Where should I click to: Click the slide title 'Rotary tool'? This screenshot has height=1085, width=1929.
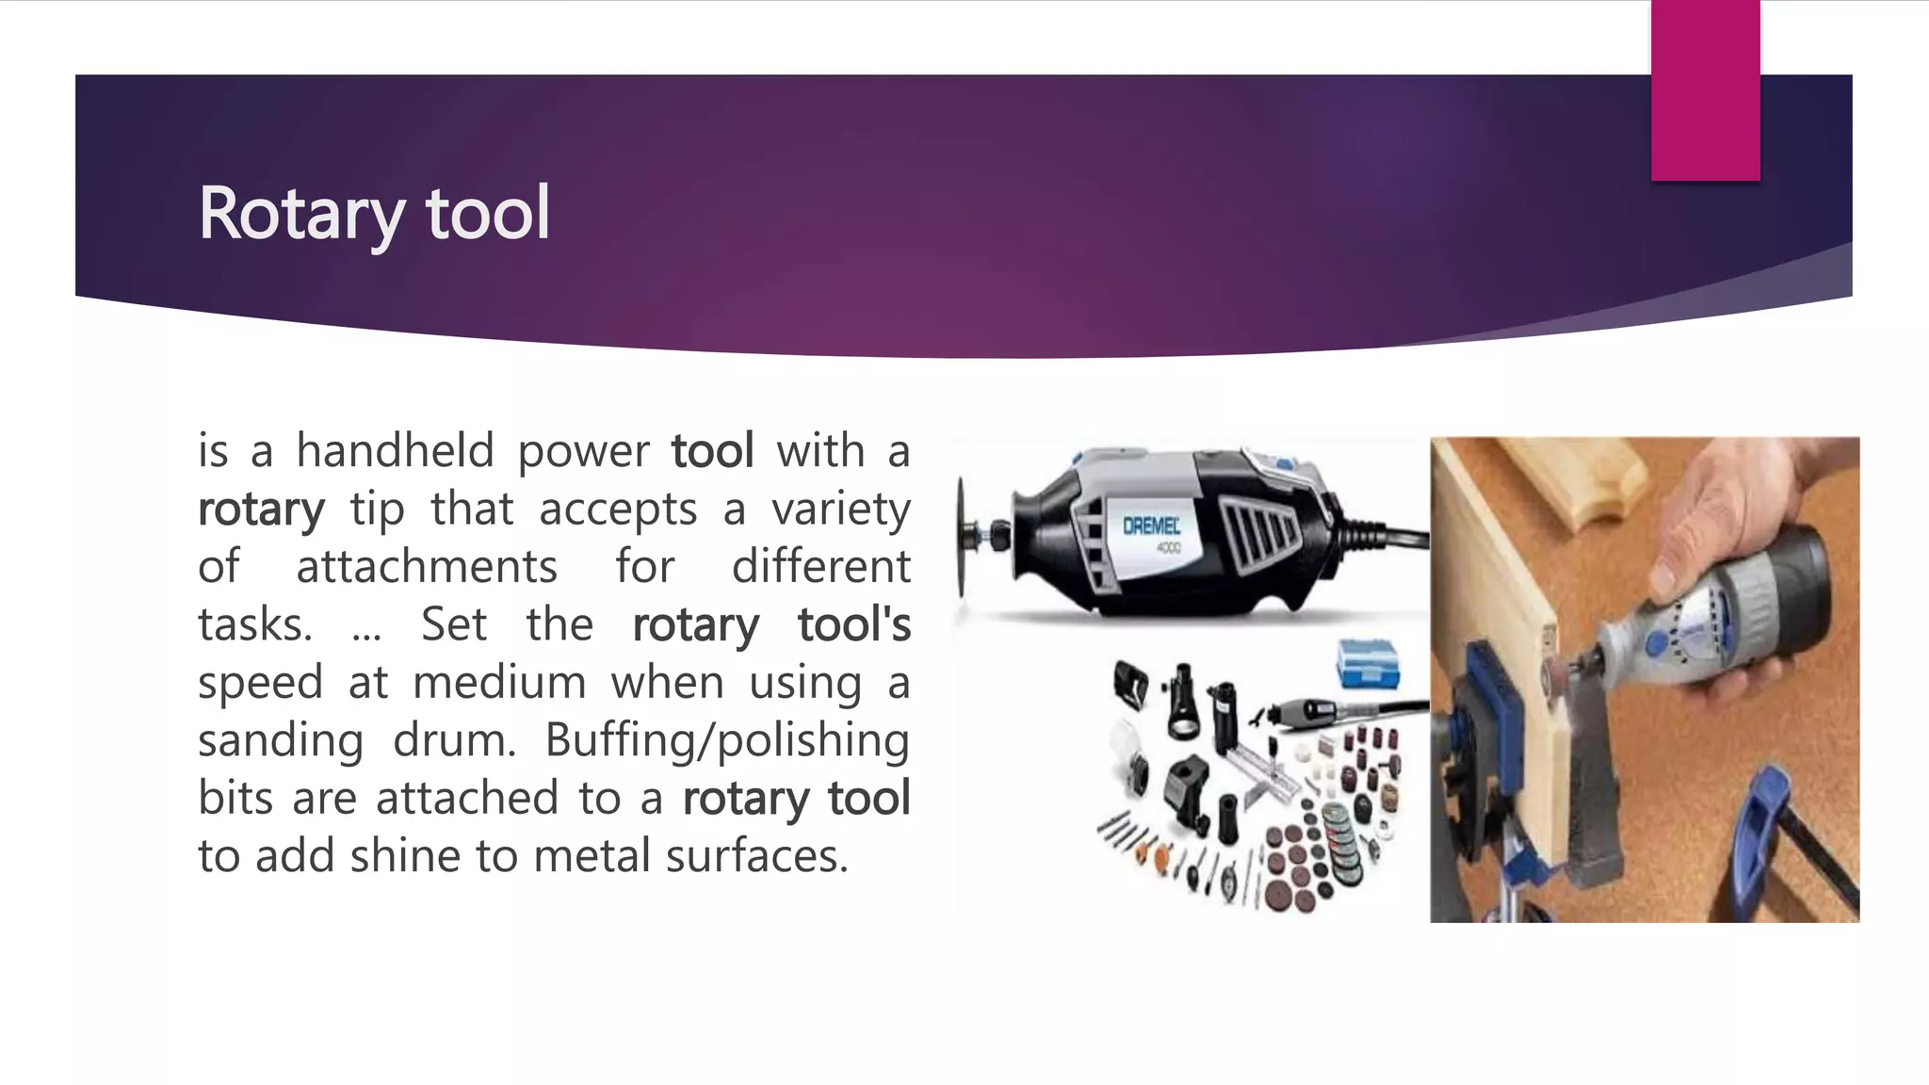373,214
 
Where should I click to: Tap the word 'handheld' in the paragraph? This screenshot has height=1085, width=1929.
395,450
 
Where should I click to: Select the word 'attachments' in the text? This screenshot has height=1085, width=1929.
427,567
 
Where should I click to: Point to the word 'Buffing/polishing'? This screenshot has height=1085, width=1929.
726,740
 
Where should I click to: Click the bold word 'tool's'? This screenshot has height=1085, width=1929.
853,624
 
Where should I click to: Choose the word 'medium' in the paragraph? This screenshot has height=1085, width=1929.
499,683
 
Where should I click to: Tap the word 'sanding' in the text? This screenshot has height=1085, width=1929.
281,740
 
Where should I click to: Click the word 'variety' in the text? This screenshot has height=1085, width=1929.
840,510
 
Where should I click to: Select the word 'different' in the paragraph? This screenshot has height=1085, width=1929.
820,567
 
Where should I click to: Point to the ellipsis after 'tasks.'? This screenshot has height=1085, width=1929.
366,629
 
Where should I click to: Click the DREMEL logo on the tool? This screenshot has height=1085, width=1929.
1151,526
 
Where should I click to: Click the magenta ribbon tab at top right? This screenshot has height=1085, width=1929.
1705,89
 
